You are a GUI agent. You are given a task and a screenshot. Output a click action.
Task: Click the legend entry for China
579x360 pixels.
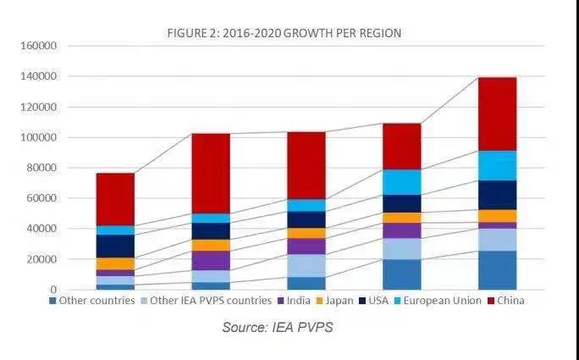pyautogui.click(x=507, y=301)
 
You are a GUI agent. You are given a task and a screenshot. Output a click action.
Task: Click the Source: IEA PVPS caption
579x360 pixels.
pyautogui.click(x=278, y=328)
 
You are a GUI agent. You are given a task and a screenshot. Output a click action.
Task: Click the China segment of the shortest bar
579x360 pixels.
pyautogui.click(x=115, y=199)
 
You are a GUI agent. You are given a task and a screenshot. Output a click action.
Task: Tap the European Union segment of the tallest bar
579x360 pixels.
pyautogui.click(x=497, y=165)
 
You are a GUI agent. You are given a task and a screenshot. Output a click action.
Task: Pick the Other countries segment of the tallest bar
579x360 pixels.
pyautogui.click(x=497, y=270)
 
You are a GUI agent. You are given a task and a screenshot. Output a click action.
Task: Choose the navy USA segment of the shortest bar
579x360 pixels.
pyautogui.click(x=115, y=246)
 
